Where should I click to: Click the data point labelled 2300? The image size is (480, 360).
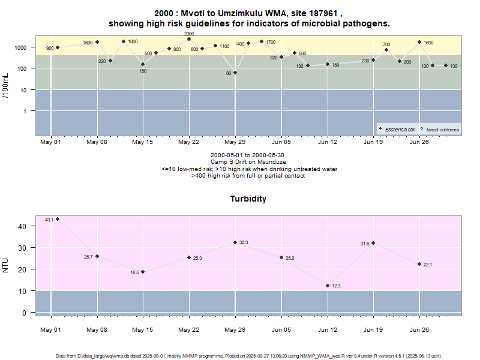point(189,39)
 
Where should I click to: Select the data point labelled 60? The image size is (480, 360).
point(235,73)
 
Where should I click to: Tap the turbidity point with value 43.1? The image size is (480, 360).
point(58,219)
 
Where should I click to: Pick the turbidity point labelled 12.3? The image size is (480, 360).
point(328,286)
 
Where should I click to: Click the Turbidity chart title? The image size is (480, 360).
point(248,199)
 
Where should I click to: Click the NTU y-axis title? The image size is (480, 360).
point(6,265)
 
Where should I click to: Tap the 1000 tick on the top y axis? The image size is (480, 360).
point(20,47)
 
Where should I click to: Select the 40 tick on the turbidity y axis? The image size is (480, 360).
point(22,226)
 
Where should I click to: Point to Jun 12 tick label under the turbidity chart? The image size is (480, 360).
point(328,329)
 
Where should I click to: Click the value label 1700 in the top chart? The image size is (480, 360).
point(271,42)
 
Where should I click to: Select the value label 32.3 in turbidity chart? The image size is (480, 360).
point(244,242)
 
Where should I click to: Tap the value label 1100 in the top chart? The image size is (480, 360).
point(224,46)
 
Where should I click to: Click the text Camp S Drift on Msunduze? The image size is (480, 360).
point(248,162)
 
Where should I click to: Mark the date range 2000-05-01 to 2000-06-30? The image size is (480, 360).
point(248,155)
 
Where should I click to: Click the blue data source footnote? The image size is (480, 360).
point(248,356)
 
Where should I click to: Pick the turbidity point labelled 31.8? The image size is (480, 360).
point(373,243)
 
